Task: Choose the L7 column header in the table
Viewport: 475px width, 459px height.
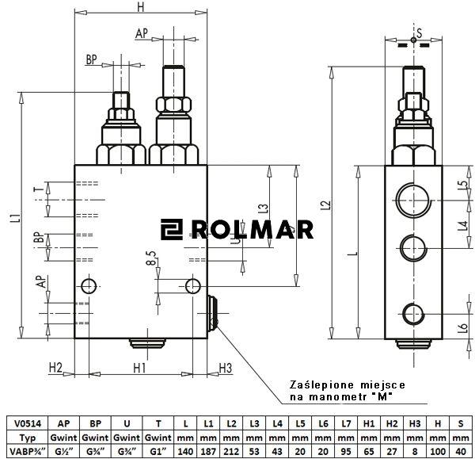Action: coord(346,424)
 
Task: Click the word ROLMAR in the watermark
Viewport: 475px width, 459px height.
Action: coord(251,230)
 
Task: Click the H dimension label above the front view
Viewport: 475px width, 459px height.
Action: coord(140,8)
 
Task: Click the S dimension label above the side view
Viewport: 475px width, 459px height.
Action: coord(420,32)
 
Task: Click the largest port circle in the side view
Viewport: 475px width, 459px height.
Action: coord(413,195)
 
